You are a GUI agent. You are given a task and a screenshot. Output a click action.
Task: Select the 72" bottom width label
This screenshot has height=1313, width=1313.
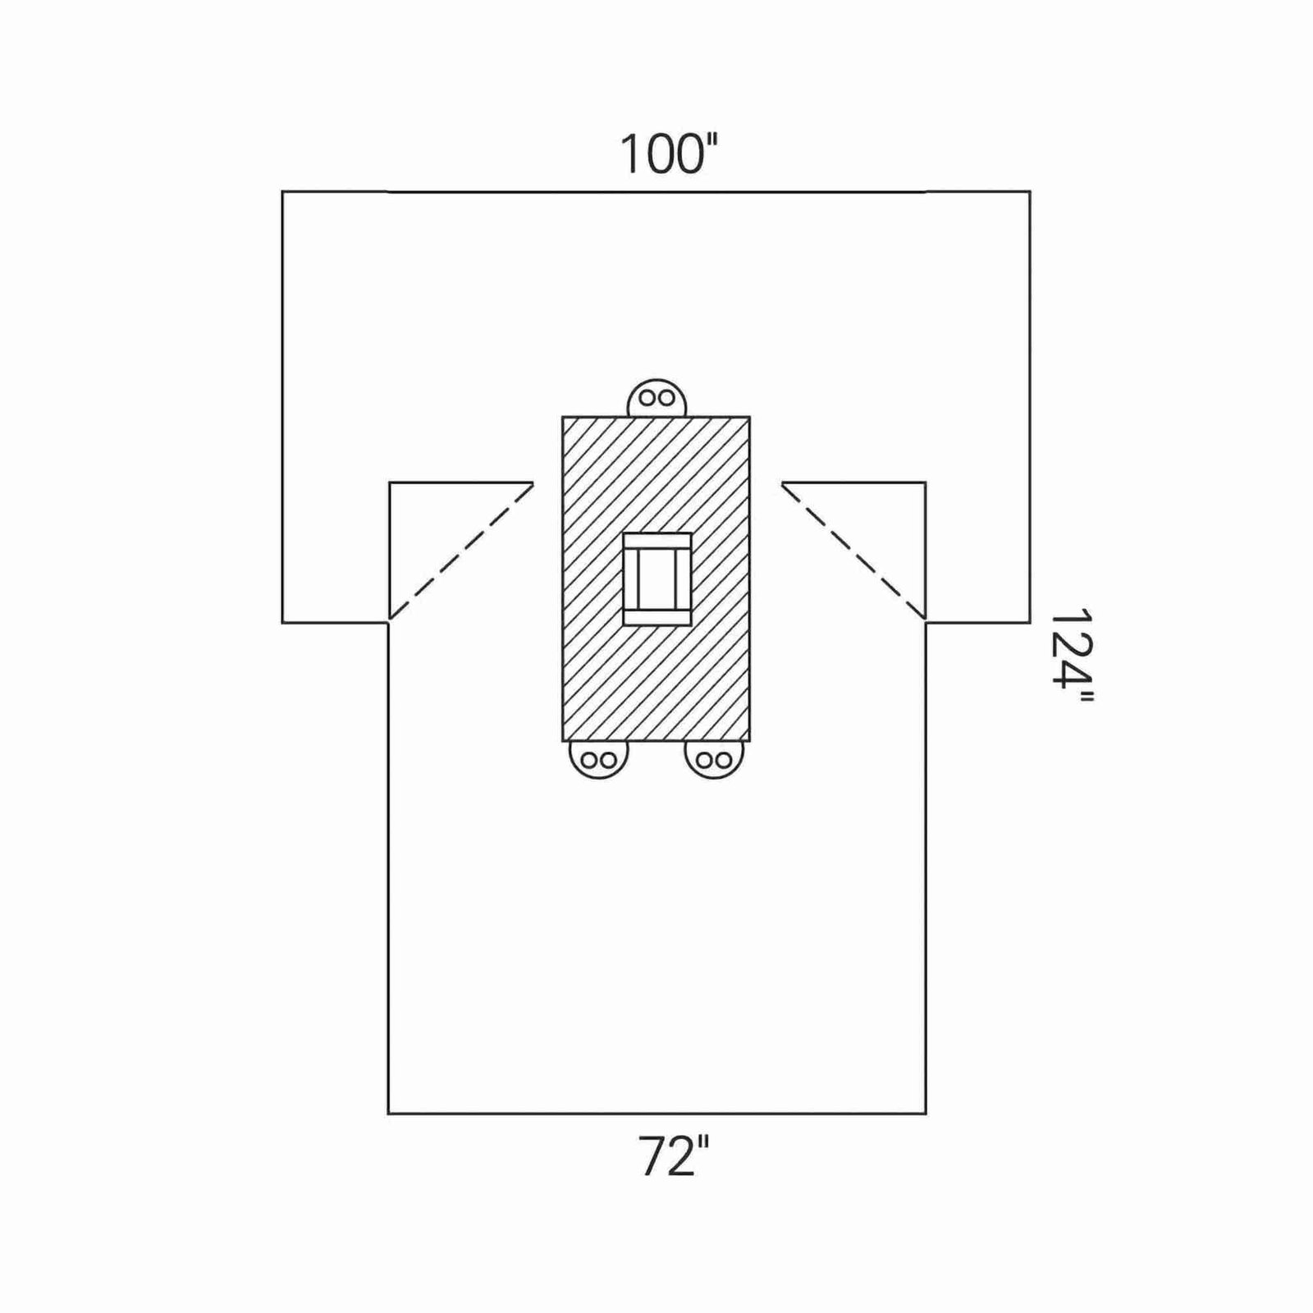point(673,1156)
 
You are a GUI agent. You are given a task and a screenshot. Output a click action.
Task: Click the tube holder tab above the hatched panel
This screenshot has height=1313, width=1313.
point(656,398)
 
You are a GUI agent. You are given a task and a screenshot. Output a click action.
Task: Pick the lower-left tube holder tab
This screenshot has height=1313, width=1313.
point(598,759)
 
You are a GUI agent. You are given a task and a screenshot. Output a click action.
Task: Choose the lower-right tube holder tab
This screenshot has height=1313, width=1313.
point(714,759)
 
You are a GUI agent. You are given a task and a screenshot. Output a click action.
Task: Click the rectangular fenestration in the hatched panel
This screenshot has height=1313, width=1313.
point(656,579)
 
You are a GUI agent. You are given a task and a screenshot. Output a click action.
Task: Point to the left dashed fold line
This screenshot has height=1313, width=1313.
point(461,551)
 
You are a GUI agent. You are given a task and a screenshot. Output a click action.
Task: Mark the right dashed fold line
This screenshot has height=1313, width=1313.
point(853,551)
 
